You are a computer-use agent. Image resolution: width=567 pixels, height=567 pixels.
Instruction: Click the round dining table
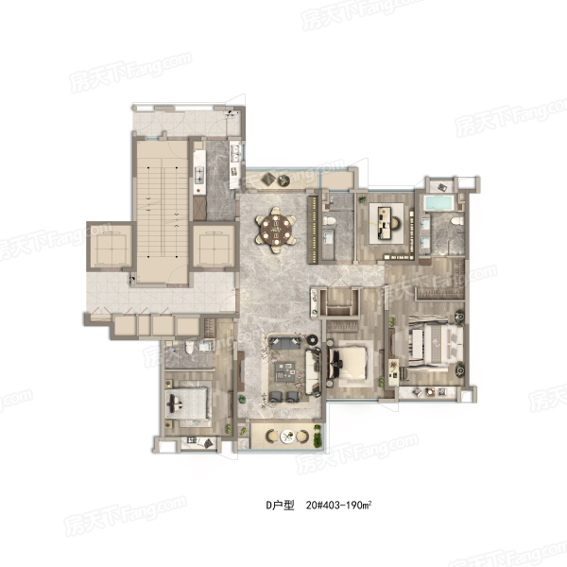point(276,230)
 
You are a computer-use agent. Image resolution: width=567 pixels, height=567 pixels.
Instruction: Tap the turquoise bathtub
point(438,203)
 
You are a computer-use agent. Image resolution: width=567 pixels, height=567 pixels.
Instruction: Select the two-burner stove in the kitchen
point(199,175)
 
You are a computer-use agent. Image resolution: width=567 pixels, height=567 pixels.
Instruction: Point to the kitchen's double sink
point(235,153)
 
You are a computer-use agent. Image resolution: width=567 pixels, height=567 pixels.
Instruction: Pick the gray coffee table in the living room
point(285,371)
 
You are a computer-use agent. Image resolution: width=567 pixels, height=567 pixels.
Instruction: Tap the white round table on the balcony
point(288,437)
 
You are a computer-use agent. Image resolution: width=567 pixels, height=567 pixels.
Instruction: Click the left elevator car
point(112,247)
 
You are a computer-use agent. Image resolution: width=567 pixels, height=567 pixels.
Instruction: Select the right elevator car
point(214,247)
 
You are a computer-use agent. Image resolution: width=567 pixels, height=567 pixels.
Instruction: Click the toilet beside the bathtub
point(457,220)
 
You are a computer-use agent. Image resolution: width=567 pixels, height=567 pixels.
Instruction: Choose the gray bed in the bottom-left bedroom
point(187,404)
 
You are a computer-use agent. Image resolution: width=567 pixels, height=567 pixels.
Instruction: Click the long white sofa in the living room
point(314,371)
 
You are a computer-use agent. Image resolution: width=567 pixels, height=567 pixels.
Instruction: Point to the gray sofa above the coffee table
point(284,343)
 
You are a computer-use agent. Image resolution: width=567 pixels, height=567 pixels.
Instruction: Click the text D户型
point(280,506)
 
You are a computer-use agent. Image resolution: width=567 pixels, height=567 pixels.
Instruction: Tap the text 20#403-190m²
point(339,505)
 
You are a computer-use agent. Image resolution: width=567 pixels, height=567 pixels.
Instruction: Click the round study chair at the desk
point(395,223)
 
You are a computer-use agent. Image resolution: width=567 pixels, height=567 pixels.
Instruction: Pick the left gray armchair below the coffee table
point(277,396)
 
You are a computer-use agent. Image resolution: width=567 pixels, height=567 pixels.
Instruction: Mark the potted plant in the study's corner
point(362,198)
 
